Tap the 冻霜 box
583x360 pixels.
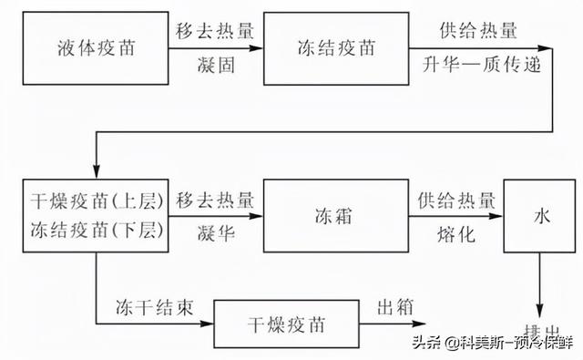coord(334,217)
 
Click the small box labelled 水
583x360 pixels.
coord(541,217)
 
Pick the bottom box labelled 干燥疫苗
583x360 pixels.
coord(284,324)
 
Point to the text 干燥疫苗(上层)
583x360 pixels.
coord(95,200)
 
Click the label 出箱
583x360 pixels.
coord(394,304)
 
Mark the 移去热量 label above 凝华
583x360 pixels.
coord(215,199)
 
